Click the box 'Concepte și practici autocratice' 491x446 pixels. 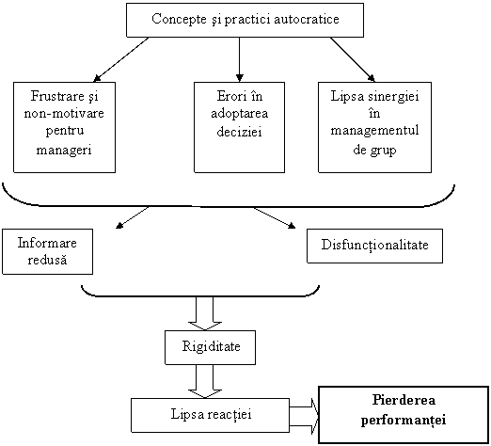coord(245,20)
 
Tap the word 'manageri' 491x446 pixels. coord(64,150)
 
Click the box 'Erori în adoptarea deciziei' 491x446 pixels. coord(239,127)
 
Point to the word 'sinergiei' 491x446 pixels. coord(393,96)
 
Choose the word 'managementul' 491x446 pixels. coord(374,130)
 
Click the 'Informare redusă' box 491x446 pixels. coord(47,251)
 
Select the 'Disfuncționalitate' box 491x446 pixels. coord(374,246)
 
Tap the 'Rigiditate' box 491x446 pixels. coord(210,347)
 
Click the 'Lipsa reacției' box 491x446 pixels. coord(210,416)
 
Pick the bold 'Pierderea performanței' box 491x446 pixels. coord(404,415)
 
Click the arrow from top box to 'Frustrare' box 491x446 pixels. coord(120,59)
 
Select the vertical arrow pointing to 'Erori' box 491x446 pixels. coord(239,59)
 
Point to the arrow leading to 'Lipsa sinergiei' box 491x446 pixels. coord(353,59)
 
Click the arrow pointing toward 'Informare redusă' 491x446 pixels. coord(132,217)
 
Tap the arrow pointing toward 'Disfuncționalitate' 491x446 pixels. coord(275,217)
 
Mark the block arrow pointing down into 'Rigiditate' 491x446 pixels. coord(205,313)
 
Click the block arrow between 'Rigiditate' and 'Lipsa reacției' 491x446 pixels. coord(205,382)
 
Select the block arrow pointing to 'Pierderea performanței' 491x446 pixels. coord(304,416)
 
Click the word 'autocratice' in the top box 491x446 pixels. coord(307,19)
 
